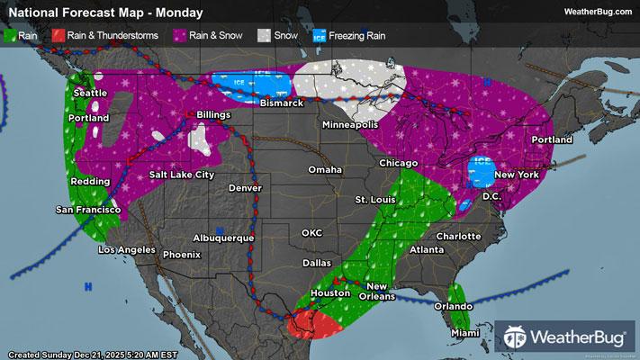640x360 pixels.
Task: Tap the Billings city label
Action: [x=209, y=115]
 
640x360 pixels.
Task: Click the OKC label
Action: [x=311, y=232]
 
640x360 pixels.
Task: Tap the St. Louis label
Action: [x=374, y=198]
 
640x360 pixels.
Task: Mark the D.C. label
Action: [x=491, y=195]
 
